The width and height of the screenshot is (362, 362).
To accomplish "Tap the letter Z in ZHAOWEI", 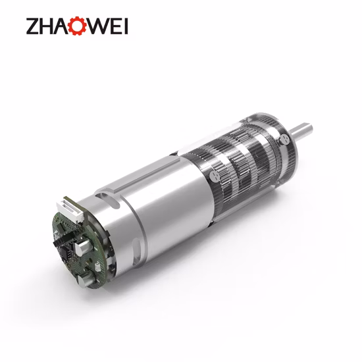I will coord(34,27).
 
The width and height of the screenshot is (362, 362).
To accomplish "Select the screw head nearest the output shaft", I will coord(284,140).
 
